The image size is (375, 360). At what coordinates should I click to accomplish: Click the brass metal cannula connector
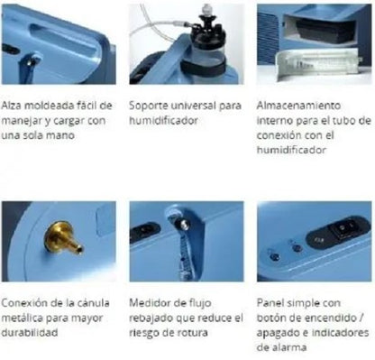tap(63, 237)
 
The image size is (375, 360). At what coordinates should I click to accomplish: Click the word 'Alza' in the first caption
tap(11, 106)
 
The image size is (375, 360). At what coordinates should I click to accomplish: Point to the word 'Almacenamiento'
tap(298, 106)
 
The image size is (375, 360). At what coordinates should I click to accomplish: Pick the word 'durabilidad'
tap(30, 333)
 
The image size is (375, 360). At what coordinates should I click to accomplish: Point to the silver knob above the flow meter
tap(184, 224)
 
